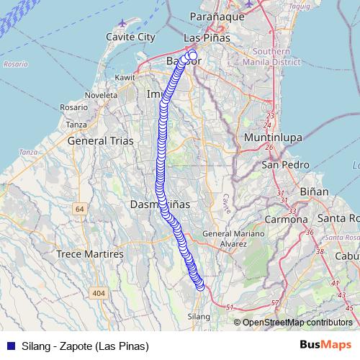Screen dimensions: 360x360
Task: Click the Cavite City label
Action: pyautogui.click(x=130, y=36)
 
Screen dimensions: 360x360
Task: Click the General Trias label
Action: pyautogui.click(x=100, y=141)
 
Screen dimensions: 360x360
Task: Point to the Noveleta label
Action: pyautogui.click(x=101, y=95)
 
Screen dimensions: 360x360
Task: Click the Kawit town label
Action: pyautogui.click(x=125, y=77)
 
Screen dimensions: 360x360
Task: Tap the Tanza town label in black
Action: pyautogui.click(x=76, y=124)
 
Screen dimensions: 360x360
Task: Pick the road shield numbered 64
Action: pyautogui.click(x=79, y=209)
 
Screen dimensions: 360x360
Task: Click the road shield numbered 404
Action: pyautogui.click(x=99, y=293)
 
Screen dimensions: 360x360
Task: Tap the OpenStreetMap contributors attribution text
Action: pyautogui.click(x=297, y=323)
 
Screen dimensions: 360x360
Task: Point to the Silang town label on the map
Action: pyautogui.click(x=199, y=316)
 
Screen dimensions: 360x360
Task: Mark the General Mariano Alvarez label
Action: pyautogui.click(x=229, y=238)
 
